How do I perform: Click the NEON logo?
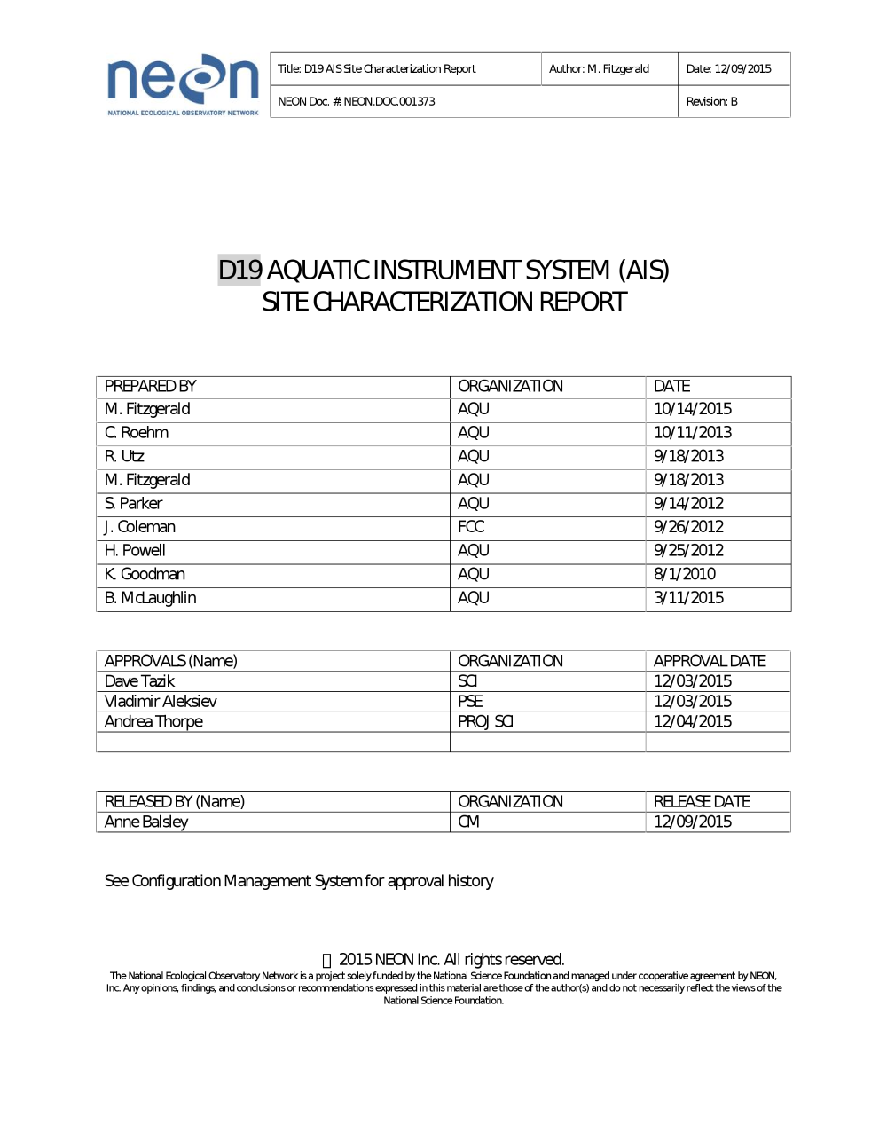pos(183,84)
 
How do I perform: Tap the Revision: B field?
pos(711,102)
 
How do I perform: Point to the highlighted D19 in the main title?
pos(239,270)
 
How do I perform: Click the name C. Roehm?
pos(137,433)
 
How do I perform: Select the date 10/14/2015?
pos(693,409)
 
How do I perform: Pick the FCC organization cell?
pos(471,527)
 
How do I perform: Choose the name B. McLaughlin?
pos(150,598)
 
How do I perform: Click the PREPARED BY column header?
pos(150,387)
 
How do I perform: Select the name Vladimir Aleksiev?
pos(161,702)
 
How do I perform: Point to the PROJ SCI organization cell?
pos(485,722)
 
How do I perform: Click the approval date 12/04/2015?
pos(693,722)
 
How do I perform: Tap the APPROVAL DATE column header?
pos(710,661)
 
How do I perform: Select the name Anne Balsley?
pos(146,822)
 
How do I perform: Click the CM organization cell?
pos(468,822)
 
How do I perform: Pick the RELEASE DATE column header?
pos(702,802)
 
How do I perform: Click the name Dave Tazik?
pos(139,681)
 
